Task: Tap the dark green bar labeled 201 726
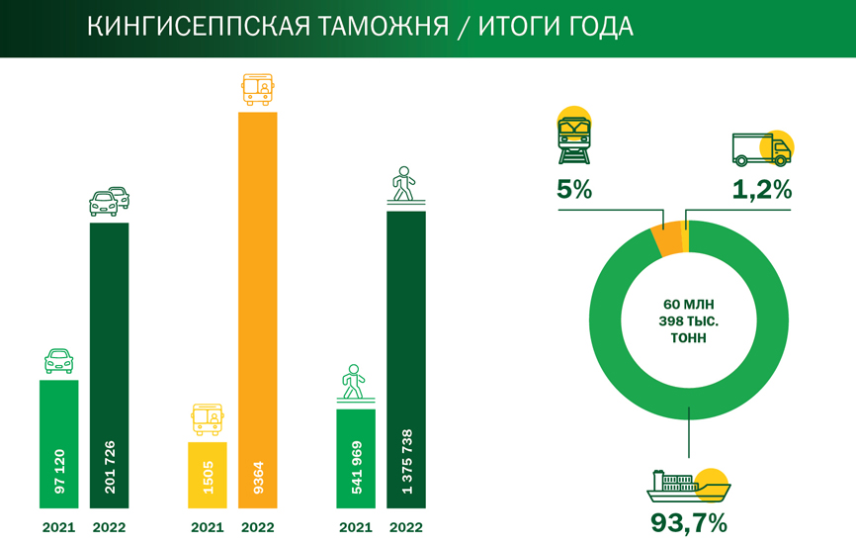click(x=109, y=366)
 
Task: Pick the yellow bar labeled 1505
click(x=208, y=475)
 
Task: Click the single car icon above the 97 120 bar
click(x=58, y=361)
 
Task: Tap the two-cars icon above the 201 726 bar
click(x=109, y=200)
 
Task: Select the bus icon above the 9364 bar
click(x=258, y=90)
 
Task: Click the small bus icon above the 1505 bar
click(x=208, y=419)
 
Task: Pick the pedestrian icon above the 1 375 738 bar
click(x=404, y=185)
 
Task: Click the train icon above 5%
click(x=573, y=140)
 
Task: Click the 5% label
click(x=573, y=190)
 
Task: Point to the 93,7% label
click(x=688, y=521)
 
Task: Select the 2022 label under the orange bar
click(x=257, y=528)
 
